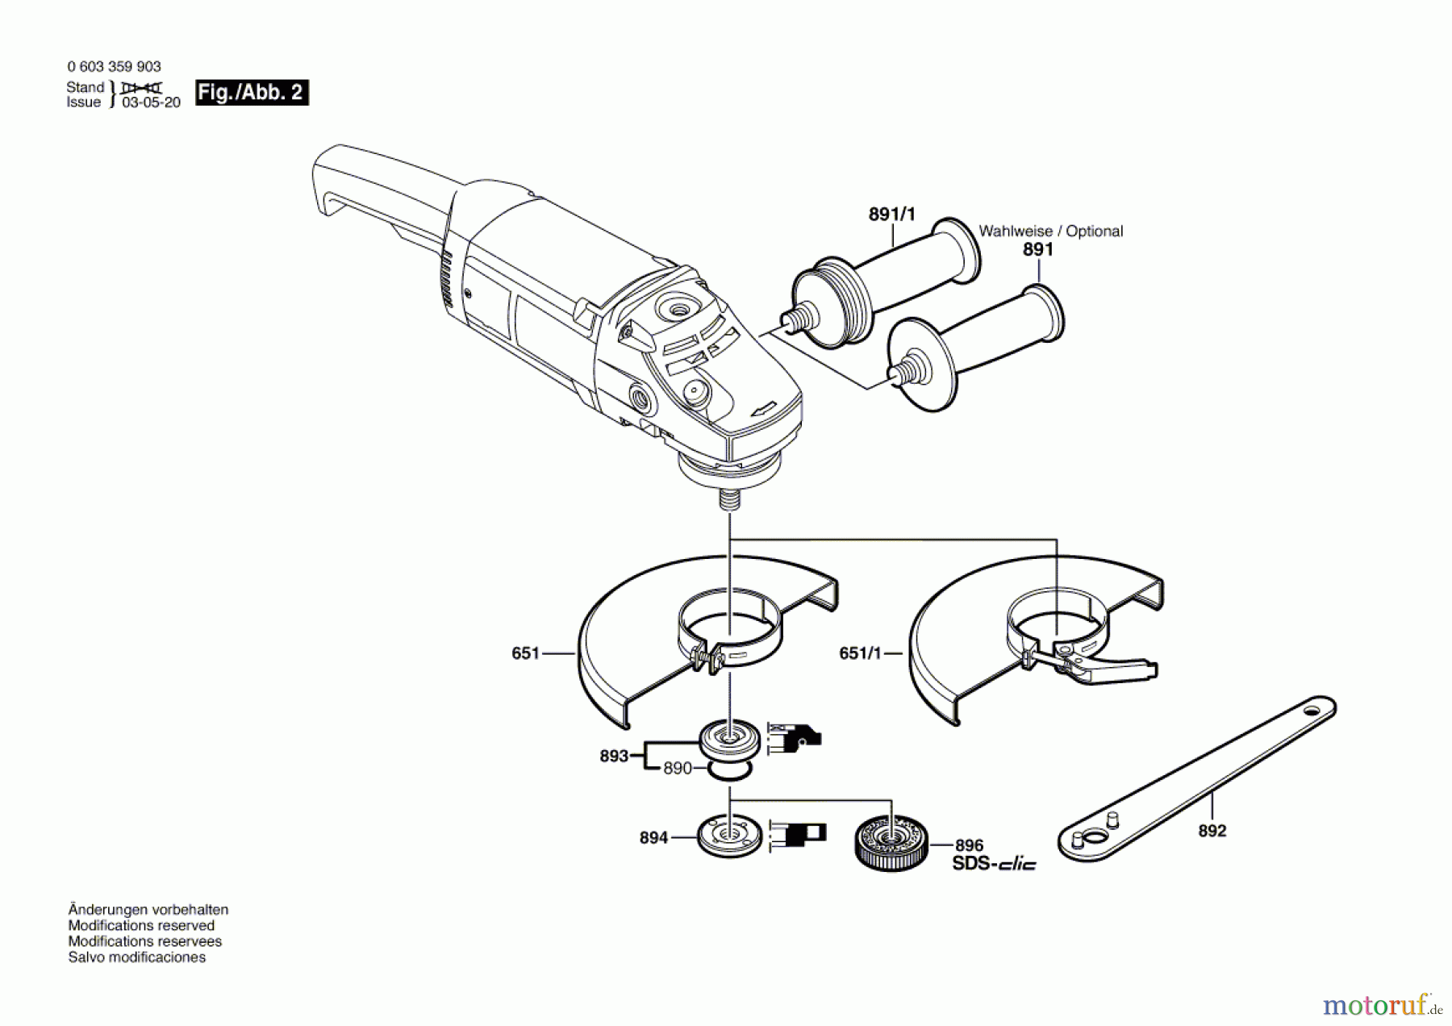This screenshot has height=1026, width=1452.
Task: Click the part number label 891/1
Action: pos(891,215)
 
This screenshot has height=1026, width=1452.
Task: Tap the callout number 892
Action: pos(1212,831)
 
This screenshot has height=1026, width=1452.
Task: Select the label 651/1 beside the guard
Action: pos(860,653)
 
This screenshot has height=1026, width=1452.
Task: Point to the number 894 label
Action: pos(653,838)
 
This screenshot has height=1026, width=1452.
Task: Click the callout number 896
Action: pos(969,845)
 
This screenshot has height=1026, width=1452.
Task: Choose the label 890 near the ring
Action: pos(678,769)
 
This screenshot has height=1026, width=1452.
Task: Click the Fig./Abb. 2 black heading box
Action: pos(252,93)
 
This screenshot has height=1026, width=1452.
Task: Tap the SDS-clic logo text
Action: pos(994,864)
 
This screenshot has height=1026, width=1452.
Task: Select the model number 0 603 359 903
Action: pos(114,67)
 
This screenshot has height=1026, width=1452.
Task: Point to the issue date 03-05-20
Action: pos(151,102)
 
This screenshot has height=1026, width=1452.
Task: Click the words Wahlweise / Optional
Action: pos(1050,231)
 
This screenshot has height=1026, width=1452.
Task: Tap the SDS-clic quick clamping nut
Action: pos(891,844)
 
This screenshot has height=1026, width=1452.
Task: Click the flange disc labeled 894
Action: pos(729,836)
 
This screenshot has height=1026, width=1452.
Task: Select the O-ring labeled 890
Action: pos(731,773)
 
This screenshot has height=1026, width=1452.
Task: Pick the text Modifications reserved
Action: pos(141,925)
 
